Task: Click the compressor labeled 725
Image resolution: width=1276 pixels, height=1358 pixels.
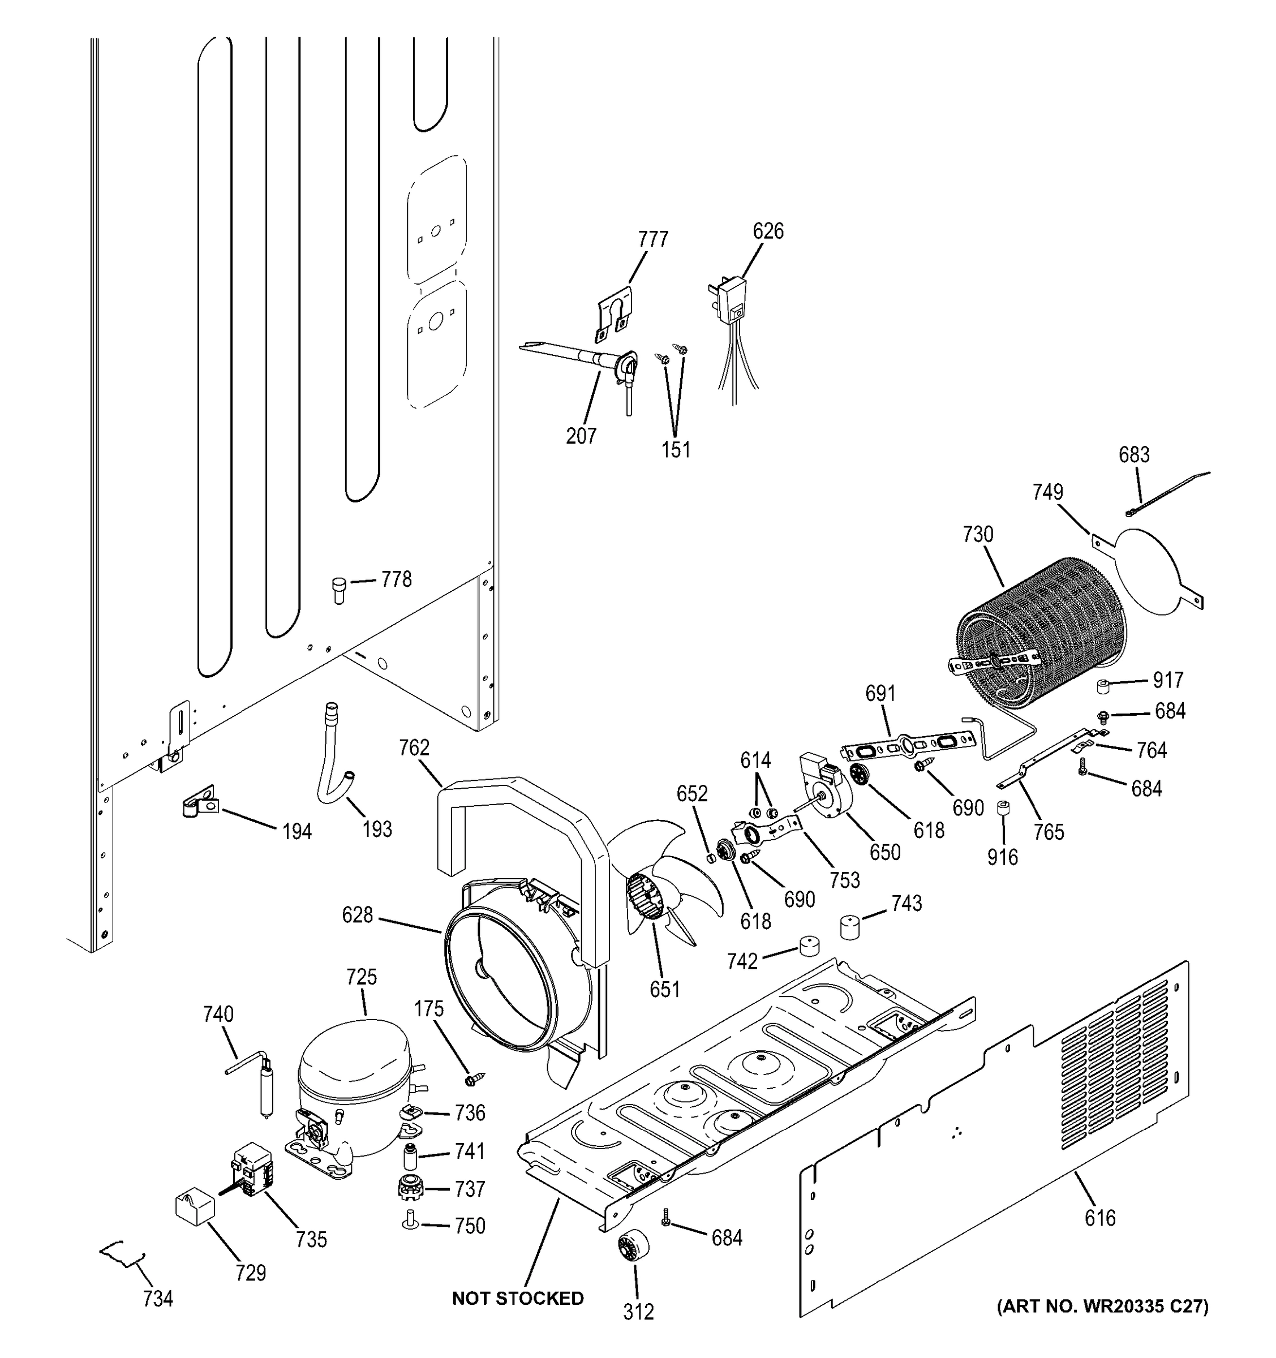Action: click(353, 1093)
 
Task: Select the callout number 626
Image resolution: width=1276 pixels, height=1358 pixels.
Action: click(768, 231)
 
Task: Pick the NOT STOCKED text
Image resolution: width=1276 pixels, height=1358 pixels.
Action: click(518, 1299)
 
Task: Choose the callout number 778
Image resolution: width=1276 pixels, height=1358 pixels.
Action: click(396, 579)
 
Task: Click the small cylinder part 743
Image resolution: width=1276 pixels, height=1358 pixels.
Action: click(850, 927)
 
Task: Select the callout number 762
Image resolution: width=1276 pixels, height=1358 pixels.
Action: click(414, 747)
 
